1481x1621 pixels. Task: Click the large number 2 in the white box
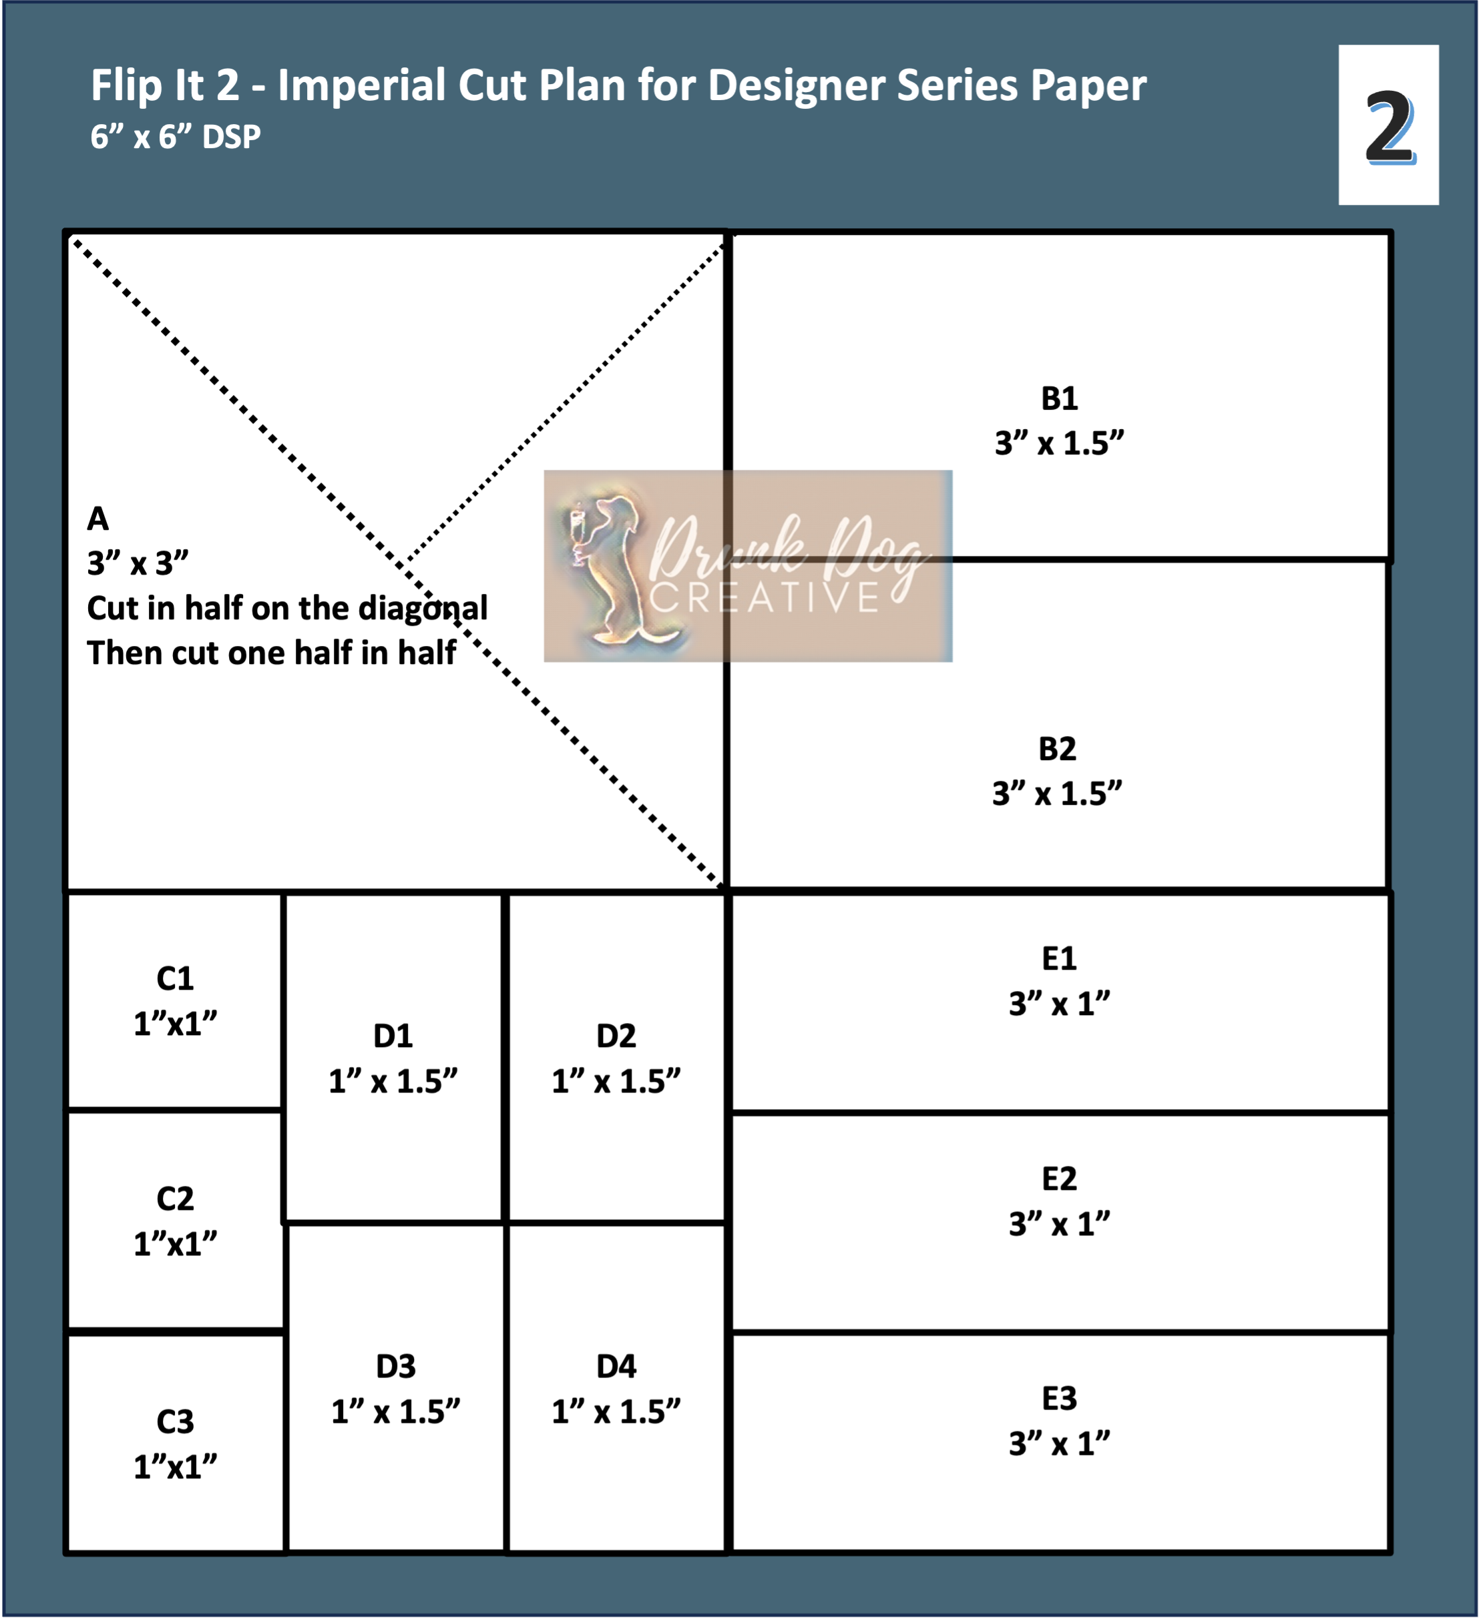(1390, 126)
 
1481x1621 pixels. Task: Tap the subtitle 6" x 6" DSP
(176, 137)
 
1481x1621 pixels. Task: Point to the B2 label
(1056, 749)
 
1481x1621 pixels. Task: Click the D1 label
(393, 1036)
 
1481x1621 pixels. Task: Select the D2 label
(616, 1036)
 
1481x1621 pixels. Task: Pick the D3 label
(395, 1367)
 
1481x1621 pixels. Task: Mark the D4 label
(616, 1367)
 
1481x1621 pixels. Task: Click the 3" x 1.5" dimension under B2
(1056, 793)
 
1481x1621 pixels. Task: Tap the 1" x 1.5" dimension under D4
(616, 1412)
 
